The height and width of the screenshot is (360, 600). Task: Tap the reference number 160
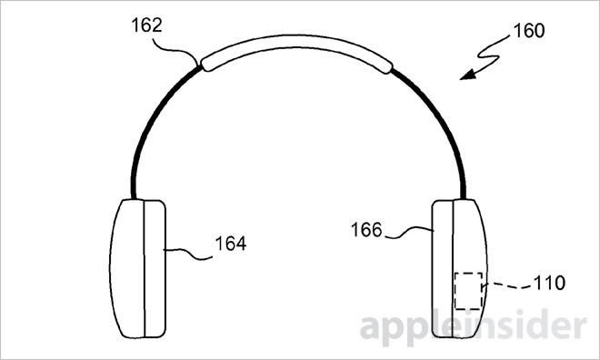(x=527, y=31)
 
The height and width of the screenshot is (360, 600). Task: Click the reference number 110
(x=546, y=283)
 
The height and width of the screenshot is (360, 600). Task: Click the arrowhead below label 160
(x=466, y=76)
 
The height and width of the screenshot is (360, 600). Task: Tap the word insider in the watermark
(x=527, y=326)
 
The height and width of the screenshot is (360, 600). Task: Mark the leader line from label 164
(x=186, y=247)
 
